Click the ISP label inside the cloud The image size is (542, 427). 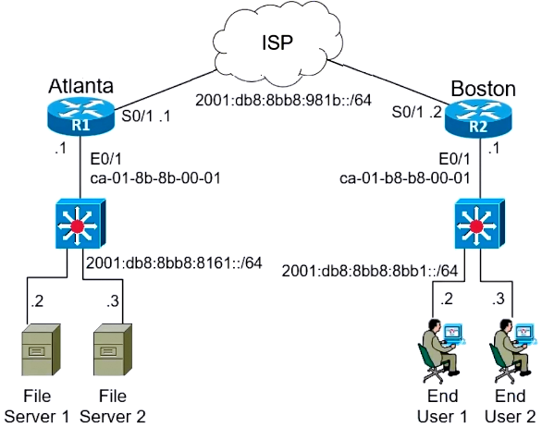[x=277, y=43]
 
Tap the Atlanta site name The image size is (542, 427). [x=80, y=86]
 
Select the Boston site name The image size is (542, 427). [x=483, y=89]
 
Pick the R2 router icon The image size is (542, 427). [x=478, y=117]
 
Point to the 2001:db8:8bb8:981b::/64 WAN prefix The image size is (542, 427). [x=283, y=100]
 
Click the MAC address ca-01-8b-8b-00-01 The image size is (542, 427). [x=155, y=177]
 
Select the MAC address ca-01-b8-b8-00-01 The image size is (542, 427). [x=405, y=177]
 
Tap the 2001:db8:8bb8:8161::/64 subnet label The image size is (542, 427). [x=174, y=262]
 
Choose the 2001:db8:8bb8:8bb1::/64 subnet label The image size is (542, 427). [x=370, y=271]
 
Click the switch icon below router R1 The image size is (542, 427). [x=80, y=223]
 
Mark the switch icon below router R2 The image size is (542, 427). [x=479, y=223]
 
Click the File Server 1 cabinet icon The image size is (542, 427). [x=41, y=349]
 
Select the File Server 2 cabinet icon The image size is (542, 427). [x=113, y=349]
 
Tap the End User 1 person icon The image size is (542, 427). [x=440, y=350]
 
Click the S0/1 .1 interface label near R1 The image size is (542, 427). [x=146, y=116]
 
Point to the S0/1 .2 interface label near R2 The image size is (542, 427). [x=416, y=112]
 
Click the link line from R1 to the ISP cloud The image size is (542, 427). [x=166, y=89]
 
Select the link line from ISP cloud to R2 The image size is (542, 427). [x=388, y=82]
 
